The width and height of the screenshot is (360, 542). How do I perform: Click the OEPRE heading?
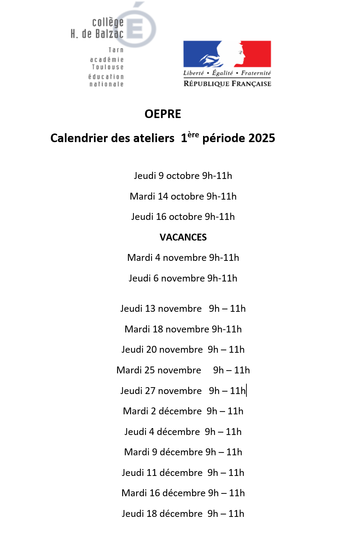pyautogui.click(x=163, y=114)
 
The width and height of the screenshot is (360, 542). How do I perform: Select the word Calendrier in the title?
pyautogui.click(x=78, y=138)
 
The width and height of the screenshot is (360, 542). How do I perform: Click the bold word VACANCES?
pyautogui.click(x=183, y=237)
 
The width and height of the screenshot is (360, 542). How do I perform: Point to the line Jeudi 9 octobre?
pyautogui.click(x=183, y=176)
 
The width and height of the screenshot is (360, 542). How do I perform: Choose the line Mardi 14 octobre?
pyautogui.click(x=183, y=196)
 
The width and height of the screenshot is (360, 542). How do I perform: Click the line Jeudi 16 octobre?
pyautogui.click(x=183, y=216)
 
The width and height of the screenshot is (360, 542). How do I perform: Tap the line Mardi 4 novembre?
pyautogui.click(x=183, y=257)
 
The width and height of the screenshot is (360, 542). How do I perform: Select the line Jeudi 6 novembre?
pyautogui.click(x=183, y=278)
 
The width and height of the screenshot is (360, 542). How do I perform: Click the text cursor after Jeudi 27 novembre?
pyautogui.click(x=246, y=391)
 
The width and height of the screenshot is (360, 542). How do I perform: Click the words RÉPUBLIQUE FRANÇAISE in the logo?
pyautogui.click(x=227, y=84)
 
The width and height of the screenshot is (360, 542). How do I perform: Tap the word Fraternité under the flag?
pyautogui.click(x=256, y=73)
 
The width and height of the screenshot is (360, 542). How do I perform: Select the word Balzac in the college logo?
pyautogui.click(x=109, y=34)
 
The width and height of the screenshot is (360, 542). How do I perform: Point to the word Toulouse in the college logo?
pyautogui.click(x=107, y=67)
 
